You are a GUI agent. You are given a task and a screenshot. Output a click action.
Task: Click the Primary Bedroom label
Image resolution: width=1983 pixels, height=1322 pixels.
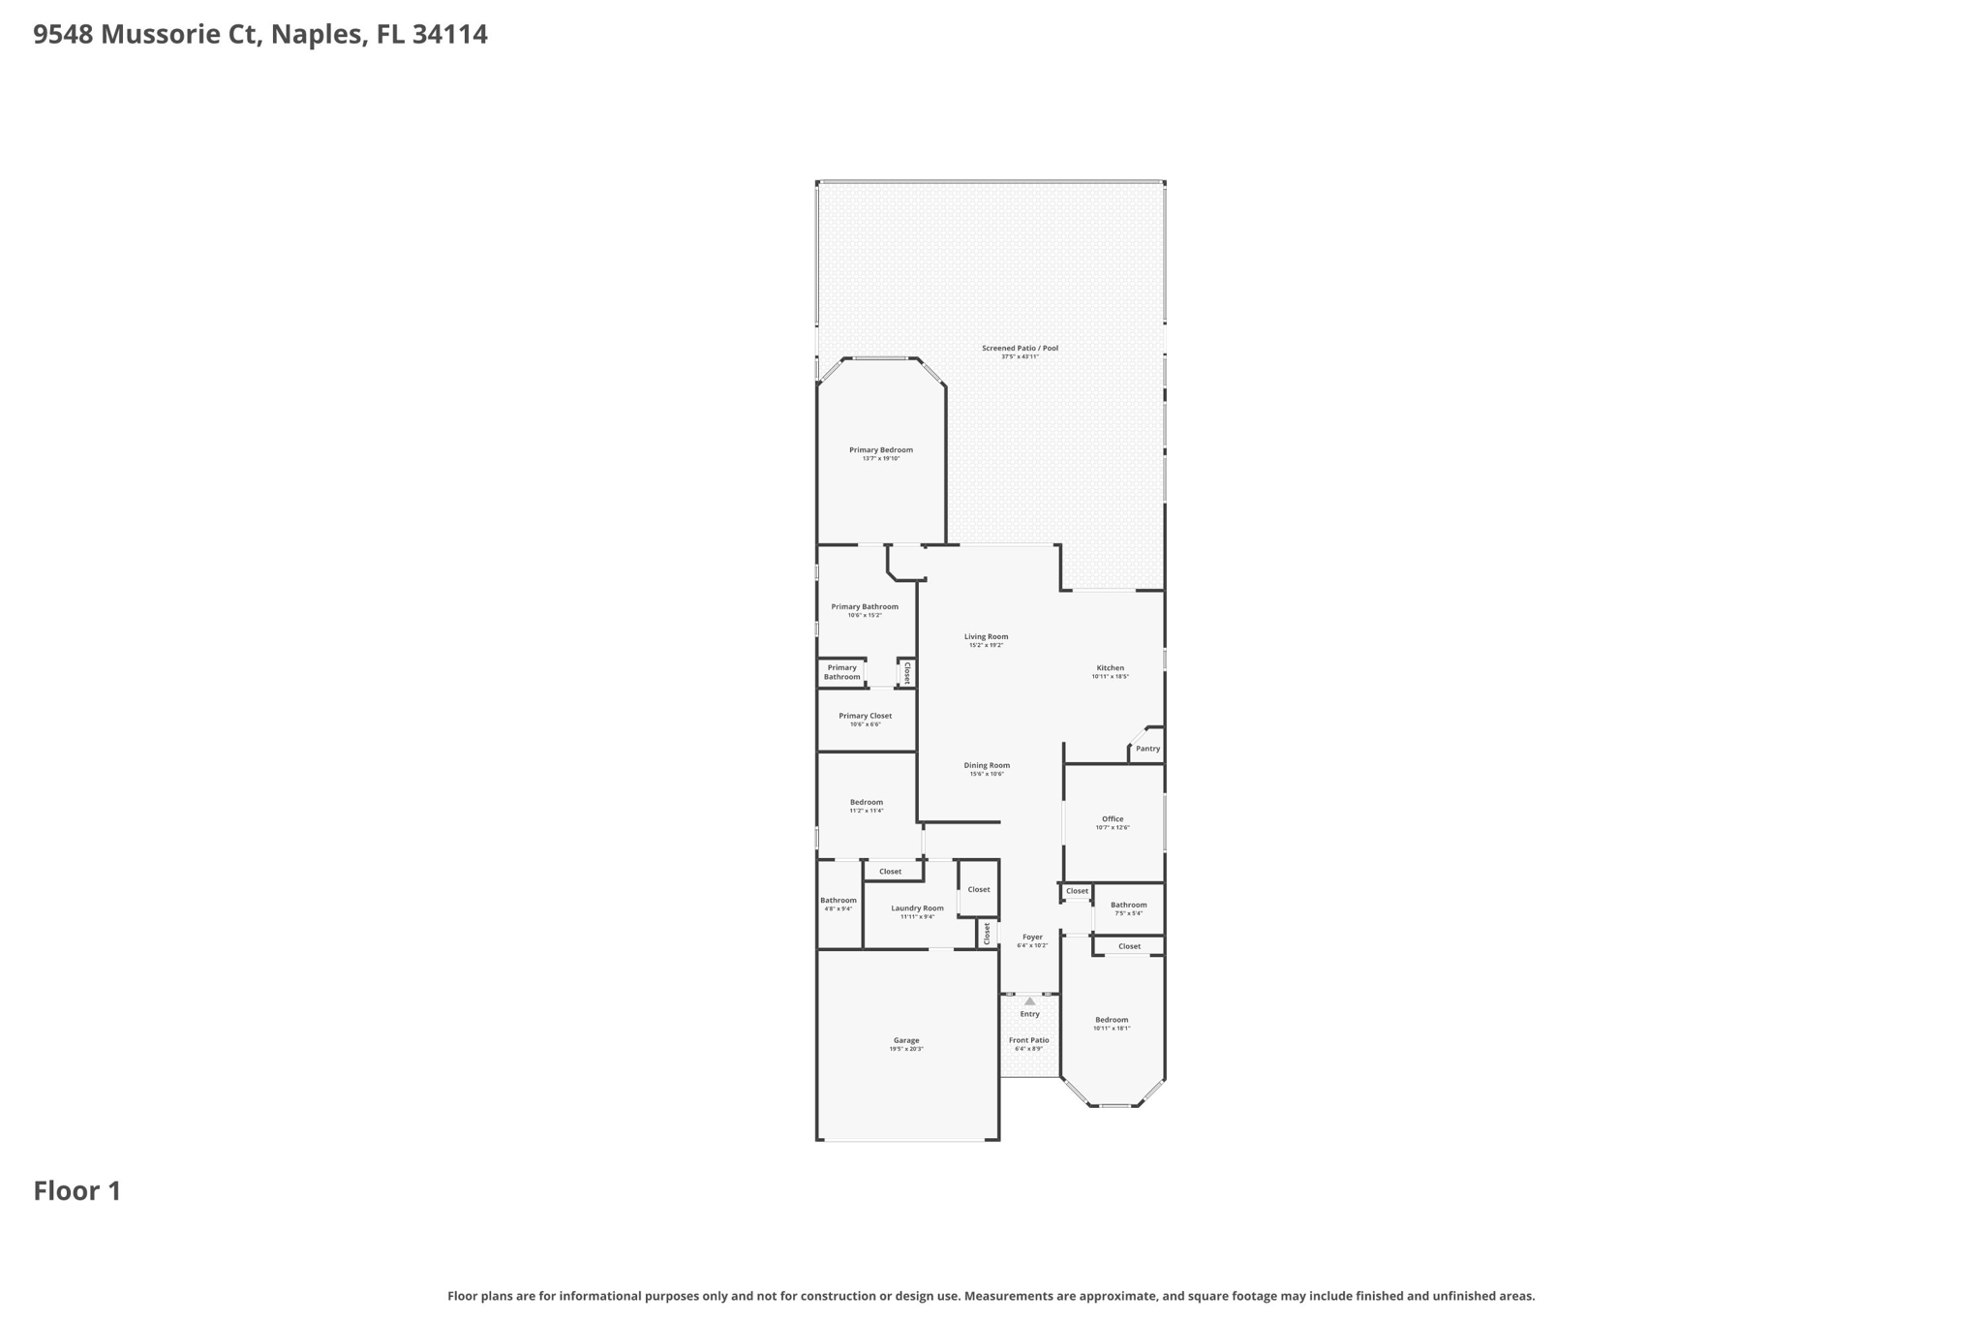(880, 450)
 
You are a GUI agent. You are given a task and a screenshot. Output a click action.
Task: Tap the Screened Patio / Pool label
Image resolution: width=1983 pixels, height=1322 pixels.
(1020, 349)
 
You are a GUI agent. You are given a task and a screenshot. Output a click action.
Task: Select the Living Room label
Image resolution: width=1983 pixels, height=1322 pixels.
(986, 637)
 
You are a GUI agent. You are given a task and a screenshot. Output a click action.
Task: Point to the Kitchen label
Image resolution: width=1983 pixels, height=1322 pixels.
(1110, 668)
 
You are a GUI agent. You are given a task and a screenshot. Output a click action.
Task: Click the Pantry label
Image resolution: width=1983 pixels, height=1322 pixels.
(1147, 749)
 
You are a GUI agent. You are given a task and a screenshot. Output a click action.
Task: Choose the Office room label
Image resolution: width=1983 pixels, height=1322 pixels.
(1112, 819)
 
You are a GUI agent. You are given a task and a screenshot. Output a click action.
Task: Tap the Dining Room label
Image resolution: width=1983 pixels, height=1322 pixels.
(987, 766)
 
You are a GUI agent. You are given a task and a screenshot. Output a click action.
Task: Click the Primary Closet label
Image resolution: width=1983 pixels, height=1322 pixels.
(865, 717)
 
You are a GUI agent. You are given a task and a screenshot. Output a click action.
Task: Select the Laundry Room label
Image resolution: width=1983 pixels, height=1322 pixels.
(917, 908)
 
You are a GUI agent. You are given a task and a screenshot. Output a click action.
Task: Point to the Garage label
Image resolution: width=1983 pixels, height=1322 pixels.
(906, 1041)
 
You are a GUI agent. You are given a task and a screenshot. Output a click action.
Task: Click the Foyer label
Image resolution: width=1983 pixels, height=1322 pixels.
(1032, 938)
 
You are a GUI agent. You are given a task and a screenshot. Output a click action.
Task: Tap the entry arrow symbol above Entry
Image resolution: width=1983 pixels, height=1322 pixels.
(1029, 1001)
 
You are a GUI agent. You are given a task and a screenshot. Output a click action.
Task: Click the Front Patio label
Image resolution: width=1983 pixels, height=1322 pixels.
(1028, 1041)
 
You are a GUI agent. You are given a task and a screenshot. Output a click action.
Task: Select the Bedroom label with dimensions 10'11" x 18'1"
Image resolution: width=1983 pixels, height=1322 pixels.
(1112, 1020)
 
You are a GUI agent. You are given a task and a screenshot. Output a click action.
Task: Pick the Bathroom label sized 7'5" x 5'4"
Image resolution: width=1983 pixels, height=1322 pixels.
(1128, 906)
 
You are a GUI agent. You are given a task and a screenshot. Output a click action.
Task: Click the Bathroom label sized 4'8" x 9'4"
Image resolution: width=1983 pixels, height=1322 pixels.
(838, 901)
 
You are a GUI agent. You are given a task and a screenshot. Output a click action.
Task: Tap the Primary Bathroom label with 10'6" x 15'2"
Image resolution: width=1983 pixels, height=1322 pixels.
(865, 607)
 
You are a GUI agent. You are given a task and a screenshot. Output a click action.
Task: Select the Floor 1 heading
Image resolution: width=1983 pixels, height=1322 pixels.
(77, 1191)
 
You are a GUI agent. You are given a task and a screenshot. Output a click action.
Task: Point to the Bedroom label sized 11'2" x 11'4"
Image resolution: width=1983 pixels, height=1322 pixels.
(866, 803)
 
